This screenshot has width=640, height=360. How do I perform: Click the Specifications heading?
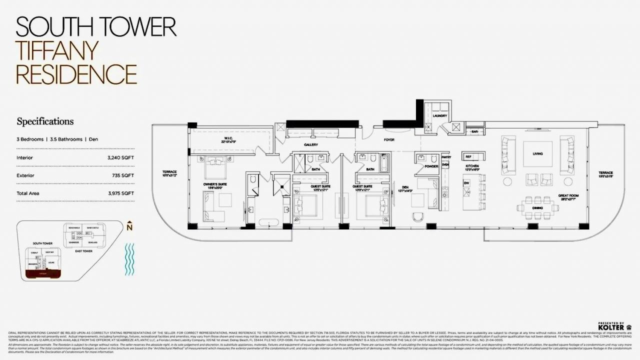coord(45,121)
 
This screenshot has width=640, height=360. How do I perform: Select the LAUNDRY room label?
coord(439,116)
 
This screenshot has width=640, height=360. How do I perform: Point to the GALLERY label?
coord(311,145)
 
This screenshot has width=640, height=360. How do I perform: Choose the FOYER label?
coord(389,140)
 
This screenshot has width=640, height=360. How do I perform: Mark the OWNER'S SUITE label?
coord(214,184)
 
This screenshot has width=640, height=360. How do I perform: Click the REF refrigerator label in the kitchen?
coord(468,156)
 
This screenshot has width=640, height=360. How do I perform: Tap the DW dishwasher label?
coord(466,183)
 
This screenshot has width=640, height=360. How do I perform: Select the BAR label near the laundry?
coord(474,132)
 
